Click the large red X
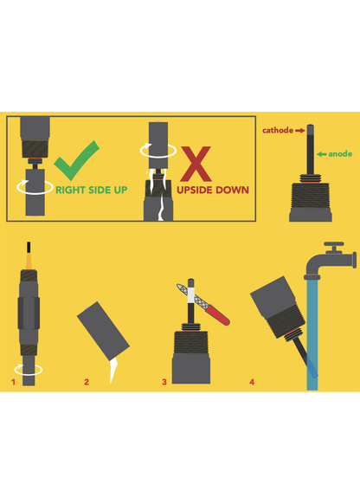(x=196, y=164)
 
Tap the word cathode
(x=278, y=131)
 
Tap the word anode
(x=340, y=154)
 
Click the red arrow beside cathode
(x=300, y=131)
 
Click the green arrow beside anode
(x=321, y=154)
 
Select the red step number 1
(x=13, y=382)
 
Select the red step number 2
(x=87, y=382)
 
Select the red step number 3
(x=164, y=382)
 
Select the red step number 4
(x=252, y=382)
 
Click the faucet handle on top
(x=334, y=244)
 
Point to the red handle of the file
(x=218, y=315)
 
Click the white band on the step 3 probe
(x=190, y=294)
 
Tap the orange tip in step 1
(x=29, y=262)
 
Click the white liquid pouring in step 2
(x=112, y=371)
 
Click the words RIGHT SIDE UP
(x=92, y=190)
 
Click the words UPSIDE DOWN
(x=213, y=190)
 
